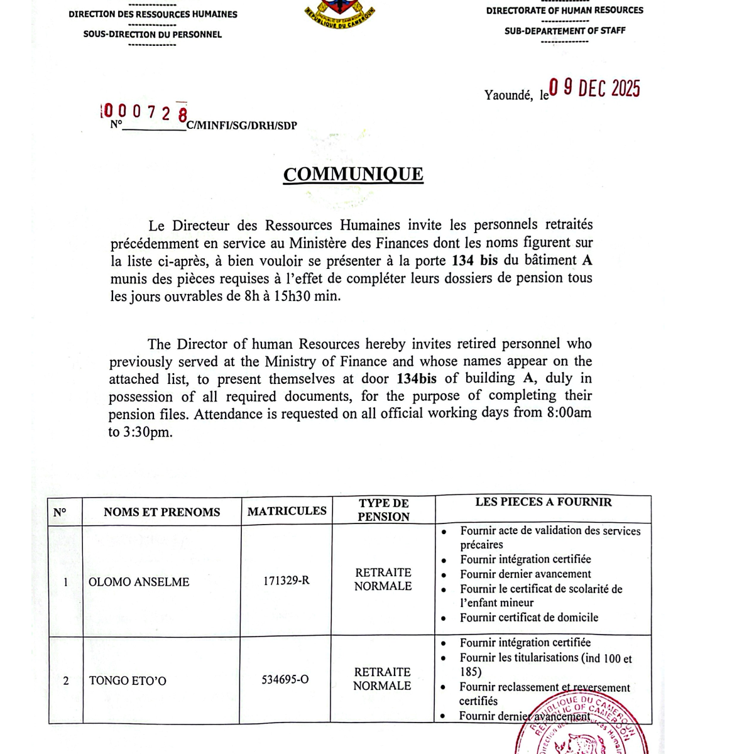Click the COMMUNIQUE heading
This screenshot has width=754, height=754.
tap(353, 174)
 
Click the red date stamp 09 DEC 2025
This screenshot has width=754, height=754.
tap(594, 89)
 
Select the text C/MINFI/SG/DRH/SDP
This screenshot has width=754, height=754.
tap(242, 126)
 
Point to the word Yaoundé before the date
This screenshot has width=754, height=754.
tap(508, 95)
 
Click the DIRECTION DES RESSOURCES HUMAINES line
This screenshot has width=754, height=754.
tap(153, 14)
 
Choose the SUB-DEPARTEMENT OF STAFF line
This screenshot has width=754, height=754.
tap(565, 30)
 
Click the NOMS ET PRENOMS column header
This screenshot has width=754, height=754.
tap(161, 512)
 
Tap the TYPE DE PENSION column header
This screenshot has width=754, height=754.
tap(383, 510)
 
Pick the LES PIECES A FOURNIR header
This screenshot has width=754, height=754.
tap(543, 502)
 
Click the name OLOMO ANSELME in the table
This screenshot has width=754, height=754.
tap(139, 582)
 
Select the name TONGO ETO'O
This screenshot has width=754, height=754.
tap(128, 680)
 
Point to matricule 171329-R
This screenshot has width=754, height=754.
tap(286, 581)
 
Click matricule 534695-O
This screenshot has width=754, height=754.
tap(285, 680)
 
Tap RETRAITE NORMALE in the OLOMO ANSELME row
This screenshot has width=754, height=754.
tap(383, 579)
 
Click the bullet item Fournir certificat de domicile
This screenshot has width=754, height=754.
tap(528, 618)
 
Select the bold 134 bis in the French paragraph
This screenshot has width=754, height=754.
tap(474, 260)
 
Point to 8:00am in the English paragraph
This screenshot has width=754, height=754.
tap(569, 413)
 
